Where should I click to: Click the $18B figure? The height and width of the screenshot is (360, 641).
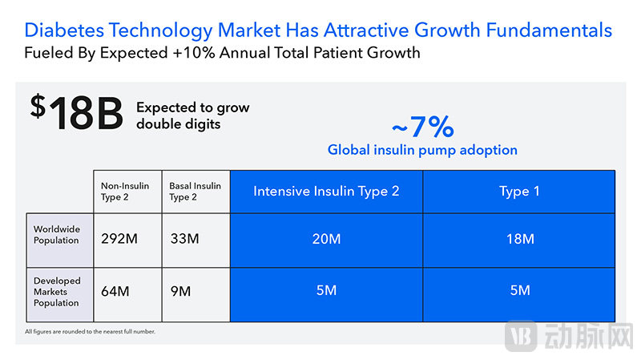pyautogui.click(x=76, y=113)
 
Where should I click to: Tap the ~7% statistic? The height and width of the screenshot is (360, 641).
pyautogui.click(x=422, y=127)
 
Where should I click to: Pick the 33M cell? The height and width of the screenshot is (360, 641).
pyautogui.click(x=185, y=239)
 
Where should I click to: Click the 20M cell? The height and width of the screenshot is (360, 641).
pyautogui.click(x=326, y=239)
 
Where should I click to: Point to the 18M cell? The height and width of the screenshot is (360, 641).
pyautogui.click(x=519, y=239)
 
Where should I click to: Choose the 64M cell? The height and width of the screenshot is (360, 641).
pyautogui.click(x=115, y=291)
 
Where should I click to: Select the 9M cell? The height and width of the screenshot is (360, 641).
pyautogui.click(x=180, y=291)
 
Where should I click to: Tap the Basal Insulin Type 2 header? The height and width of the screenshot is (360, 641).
pyautogui.click(x=195, y=192)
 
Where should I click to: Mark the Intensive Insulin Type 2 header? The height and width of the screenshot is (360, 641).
pyautogui.click(x=326, y=191)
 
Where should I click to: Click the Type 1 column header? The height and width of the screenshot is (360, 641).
pyautogui.click(x=519, y=191)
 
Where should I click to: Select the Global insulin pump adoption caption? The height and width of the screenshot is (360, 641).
pyautogui.click(x=422, y=150)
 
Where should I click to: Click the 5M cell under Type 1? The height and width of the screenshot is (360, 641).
pyautogui.click(x=519, y=290)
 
